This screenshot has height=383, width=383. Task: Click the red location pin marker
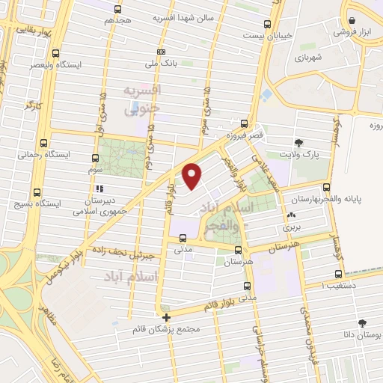pos(193,174)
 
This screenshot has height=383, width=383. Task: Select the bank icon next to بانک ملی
pos(161,52)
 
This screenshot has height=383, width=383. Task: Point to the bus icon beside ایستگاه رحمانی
pos(43,143)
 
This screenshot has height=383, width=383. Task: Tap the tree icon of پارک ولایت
pos(299,142)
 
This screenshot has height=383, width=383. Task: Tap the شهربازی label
pos(307,58)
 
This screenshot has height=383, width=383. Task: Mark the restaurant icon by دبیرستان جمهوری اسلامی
pos(99,189)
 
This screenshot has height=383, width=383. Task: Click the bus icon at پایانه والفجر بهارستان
pos(325,188)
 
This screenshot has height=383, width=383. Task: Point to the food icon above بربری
pos(290,216)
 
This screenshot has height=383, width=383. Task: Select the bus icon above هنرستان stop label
pos(237,250)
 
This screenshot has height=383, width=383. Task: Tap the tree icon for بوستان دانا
pos(363,322)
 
